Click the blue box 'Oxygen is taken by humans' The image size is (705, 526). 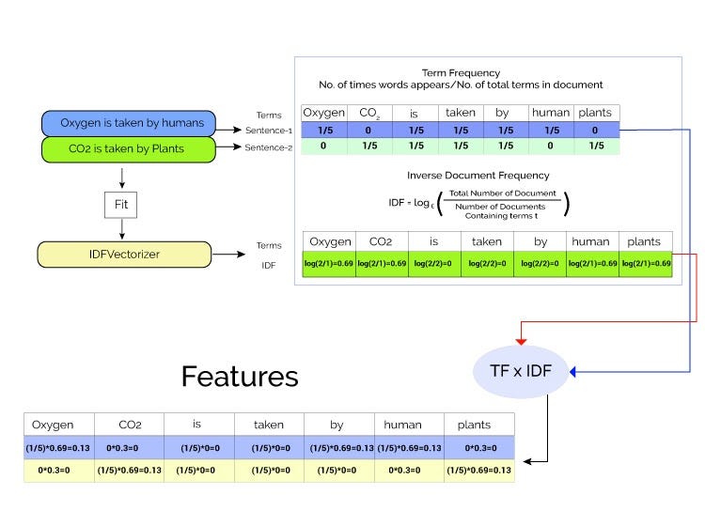click(x=129, y=123)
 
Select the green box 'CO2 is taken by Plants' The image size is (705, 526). click(x=129, y=147)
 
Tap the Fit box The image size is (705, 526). click(x=122, y=203)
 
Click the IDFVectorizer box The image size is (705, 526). click(x=123, y=254)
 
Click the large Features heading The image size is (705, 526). click(x=240, y=377)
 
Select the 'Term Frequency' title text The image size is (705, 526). click(x=461, y=72)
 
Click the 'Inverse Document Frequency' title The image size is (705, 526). click(x=478, y=176)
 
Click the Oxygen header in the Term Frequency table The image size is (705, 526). click(x=324, y=113)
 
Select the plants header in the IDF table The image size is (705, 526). click(x=646, y=241)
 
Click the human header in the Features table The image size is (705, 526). click(x=409, y=425)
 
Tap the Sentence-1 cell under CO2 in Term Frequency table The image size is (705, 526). click(x=370, y=131)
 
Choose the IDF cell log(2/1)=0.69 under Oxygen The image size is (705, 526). click(x=328, y=263)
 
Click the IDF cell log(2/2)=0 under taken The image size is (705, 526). click(x=487, y=263)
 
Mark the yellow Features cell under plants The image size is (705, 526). click(x=479, y=469)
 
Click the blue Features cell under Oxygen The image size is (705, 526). click(x=58, y=447)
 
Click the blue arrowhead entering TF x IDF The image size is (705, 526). click(x=575, y=373)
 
